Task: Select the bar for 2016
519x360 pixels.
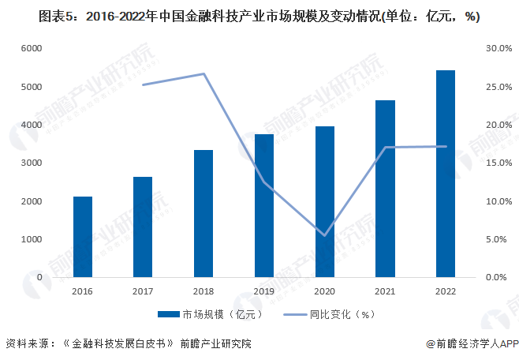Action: (83, 237)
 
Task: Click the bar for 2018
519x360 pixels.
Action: (203, 213)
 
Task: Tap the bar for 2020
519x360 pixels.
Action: (324, 201)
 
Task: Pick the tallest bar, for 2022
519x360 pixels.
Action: (446, 174)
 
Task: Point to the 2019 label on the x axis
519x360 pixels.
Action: (264, 291)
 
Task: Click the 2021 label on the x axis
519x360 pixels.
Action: (385, 291)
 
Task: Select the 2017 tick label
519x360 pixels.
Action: (143, 291)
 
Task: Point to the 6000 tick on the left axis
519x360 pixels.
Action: (30, 49)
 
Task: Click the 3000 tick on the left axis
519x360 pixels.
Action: (30, 163)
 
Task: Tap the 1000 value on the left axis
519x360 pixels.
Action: (30, 240)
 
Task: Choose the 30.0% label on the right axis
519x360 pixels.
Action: (499, 49)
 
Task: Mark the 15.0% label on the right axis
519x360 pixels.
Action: (499, 163)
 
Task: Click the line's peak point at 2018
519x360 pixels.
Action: (203, 73)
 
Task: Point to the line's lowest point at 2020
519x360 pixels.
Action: (324, 235)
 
